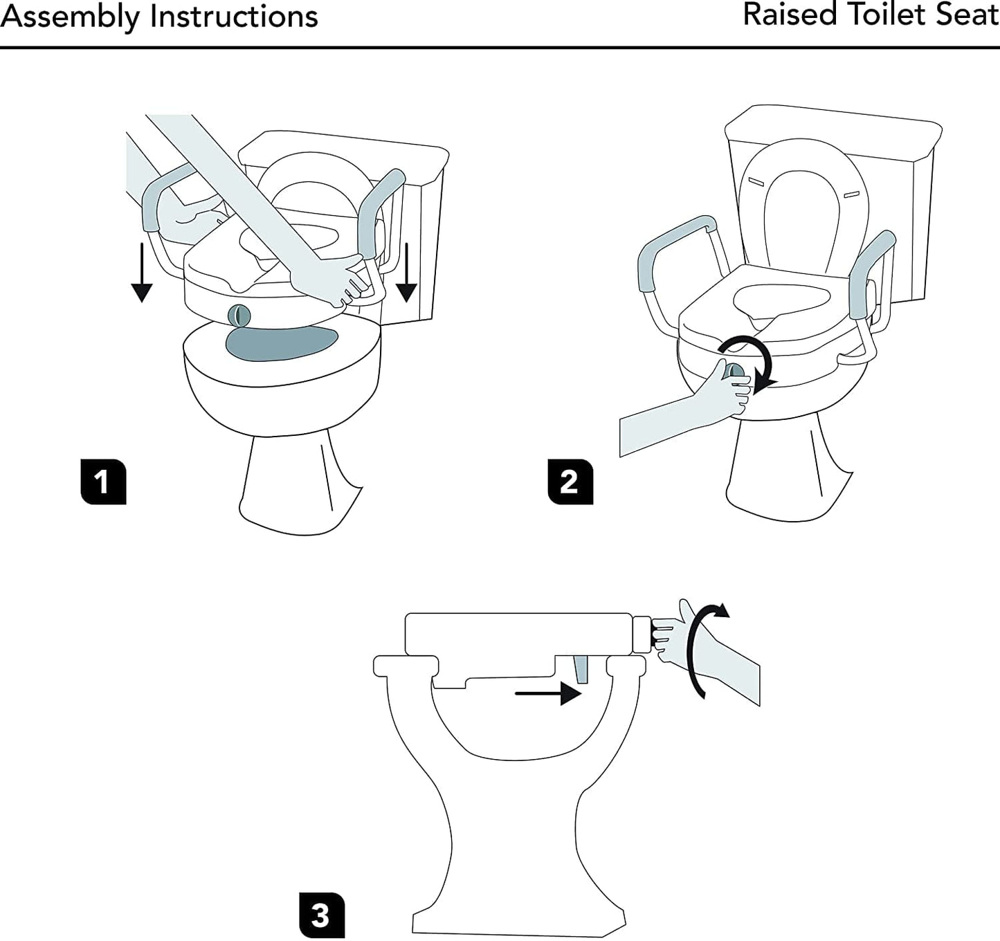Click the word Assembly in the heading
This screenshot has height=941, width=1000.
70,17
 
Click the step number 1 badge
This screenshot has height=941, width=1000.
103,481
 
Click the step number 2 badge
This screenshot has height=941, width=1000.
570,481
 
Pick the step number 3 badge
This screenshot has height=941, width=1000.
321,915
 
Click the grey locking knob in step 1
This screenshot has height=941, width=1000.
237,315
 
